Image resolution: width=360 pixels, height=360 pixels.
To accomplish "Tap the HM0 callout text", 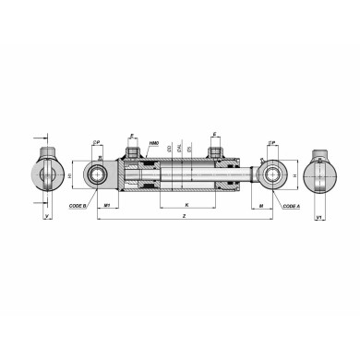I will (x=154, y=145).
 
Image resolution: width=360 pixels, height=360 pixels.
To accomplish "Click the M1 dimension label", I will (x=109, y=204).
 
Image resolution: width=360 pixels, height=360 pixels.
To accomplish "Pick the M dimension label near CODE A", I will (x=262, y=204).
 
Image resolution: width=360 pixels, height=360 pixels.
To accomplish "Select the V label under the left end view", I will (x=46, y=219).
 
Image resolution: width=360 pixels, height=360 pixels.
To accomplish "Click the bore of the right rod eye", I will (x=272, y=174).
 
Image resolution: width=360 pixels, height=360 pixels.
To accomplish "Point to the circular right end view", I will (x=320, y=174).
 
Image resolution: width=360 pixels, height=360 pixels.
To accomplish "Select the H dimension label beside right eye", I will (x=294, y=174).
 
